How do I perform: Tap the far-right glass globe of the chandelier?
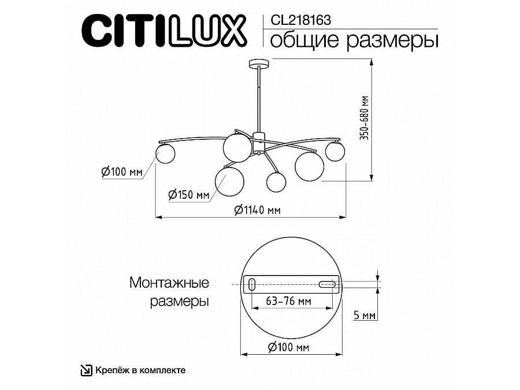tap(335, 151)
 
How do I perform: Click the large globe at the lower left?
tap(229, 180)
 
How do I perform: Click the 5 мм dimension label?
tap(365, 315)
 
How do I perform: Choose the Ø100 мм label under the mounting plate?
tap(289, 347)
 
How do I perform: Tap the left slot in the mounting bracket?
tap(253, 284)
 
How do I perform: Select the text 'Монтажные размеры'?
tap(169, 292)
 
